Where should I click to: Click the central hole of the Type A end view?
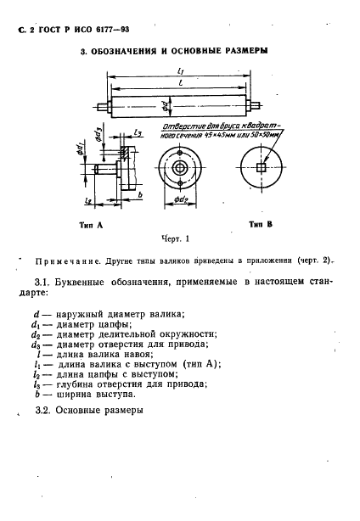(x=180, y=167)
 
